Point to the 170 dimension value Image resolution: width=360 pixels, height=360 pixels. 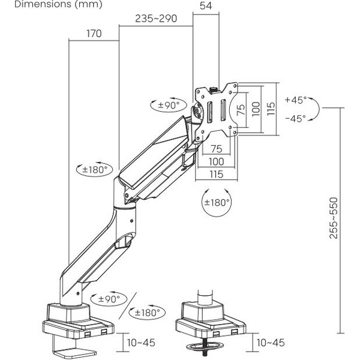(x=94, y=34)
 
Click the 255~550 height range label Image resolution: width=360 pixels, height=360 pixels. (x=333, y=218)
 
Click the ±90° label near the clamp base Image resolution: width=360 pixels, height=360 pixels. (x=108, y=298)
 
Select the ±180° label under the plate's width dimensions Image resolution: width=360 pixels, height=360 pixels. (x=217, y=202)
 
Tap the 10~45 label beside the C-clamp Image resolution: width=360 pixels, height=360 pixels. (x=142, y=342)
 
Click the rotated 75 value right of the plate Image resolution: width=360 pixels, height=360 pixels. (x=240, y=109)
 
